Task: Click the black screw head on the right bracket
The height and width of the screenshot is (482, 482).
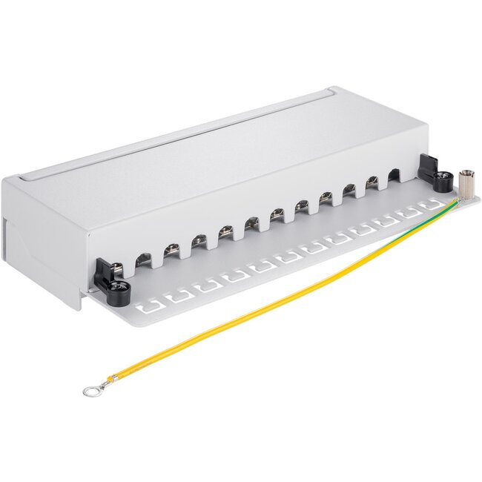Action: (443, 179)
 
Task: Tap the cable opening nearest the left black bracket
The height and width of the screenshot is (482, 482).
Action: (142, 259)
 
